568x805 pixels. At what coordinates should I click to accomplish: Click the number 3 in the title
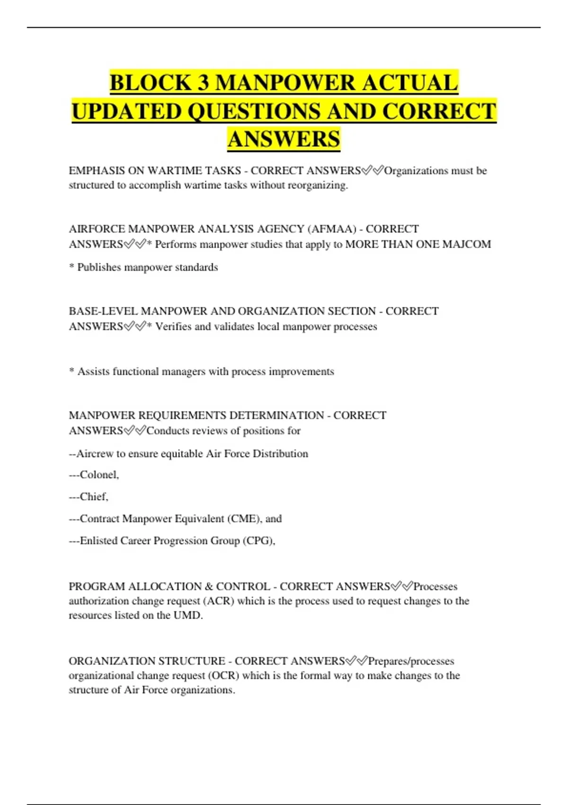click(203, 83)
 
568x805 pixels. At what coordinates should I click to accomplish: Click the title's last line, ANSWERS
click(284, 139)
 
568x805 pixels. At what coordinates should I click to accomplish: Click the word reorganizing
click(318, 185)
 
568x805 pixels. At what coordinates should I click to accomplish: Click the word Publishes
click(99, 268)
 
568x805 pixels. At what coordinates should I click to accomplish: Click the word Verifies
click(173, 327)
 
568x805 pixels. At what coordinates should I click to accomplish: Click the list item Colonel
click(99, 475)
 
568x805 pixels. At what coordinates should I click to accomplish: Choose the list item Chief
click(94, 497)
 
